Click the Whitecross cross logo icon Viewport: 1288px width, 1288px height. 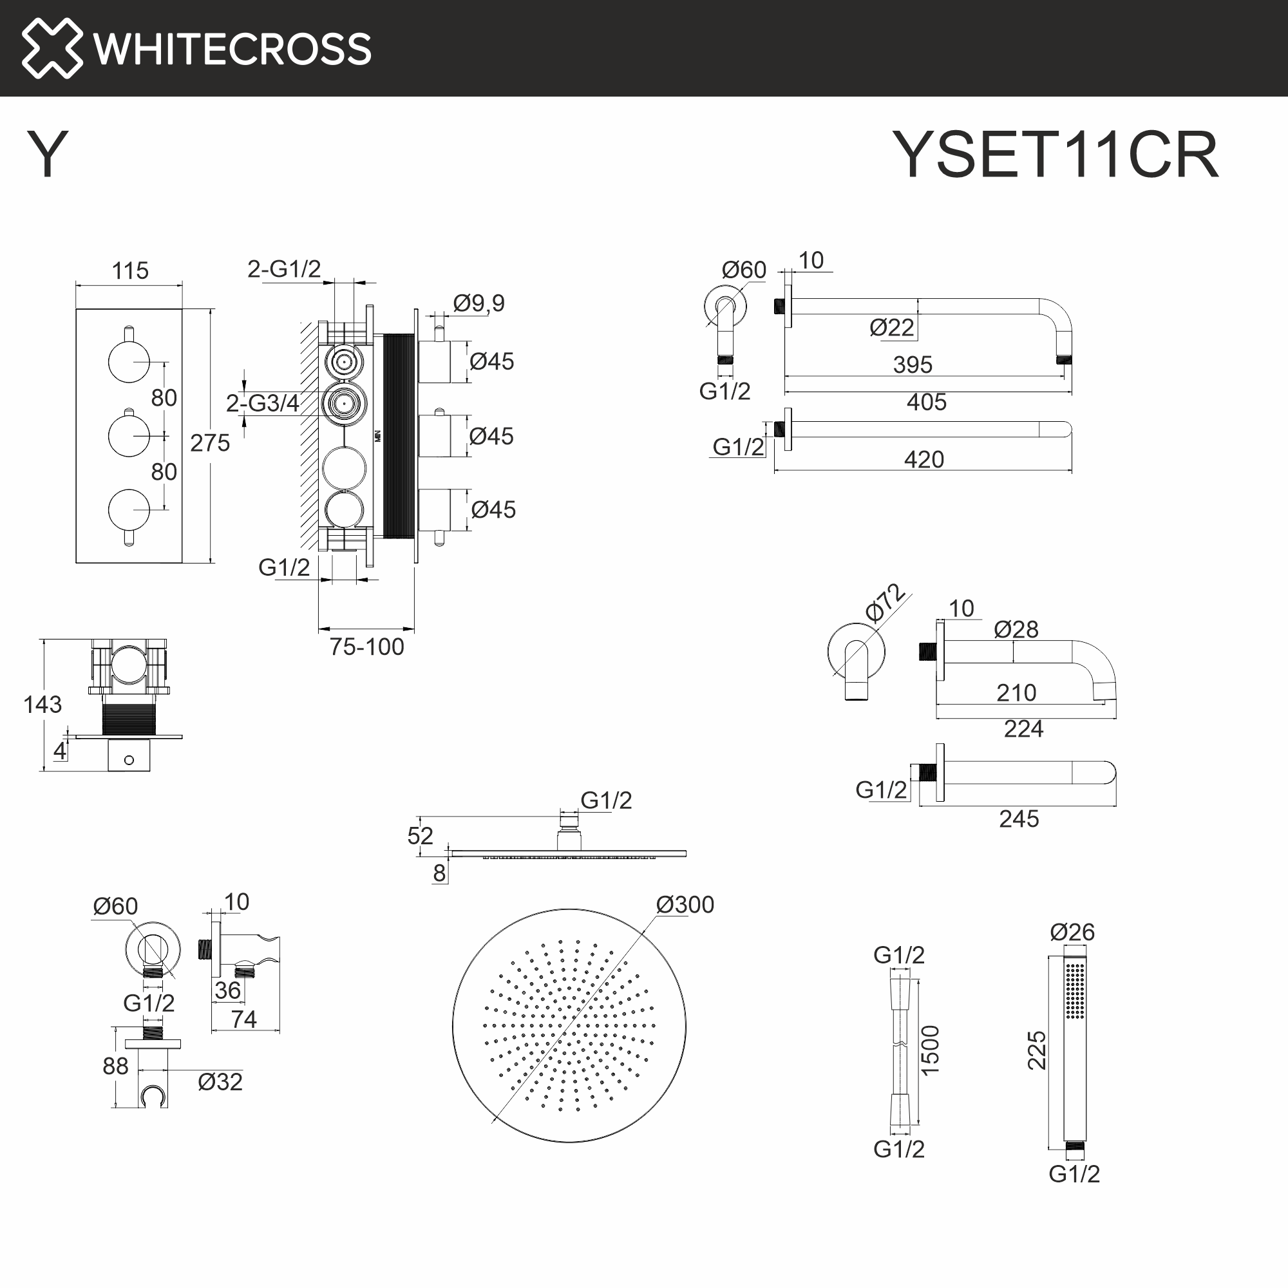click(x=52, y=48)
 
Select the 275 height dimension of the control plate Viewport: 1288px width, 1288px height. click(x=209, y=442)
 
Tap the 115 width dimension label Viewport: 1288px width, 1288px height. click(x=130, y=270)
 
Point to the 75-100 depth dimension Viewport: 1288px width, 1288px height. click(x=366, y=647)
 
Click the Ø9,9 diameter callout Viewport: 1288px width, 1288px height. click(x=478, y=303)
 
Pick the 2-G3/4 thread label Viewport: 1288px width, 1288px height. click(x=262, y=403)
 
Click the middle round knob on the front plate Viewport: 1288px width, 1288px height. click(x=129, y=435)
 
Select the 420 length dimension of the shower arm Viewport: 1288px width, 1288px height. click(x=923, y=459)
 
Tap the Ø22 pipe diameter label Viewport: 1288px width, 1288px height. click(x=891, y=327)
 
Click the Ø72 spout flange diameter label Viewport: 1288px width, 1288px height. click(x=885, y=603)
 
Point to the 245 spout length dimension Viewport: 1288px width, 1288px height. click(x=1018, y=819)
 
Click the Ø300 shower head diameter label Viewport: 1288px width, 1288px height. click(x=685, y=905)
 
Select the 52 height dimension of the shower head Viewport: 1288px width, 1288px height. click(x=420, y=836)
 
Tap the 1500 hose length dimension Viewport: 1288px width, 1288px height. click(x=930, y=1050)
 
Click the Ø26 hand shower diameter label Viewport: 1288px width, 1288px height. click(x=1072, y=932)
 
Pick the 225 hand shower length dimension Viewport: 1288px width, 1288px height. click(x=1037, y=1050)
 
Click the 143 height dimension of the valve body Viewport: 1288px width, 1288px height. click(x=43, y=705)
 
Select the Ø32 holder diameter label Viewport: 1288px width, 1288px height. click(x=220, y=1082)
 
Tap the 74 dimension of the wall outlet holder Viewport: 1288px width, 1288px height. click(x=243, y=1019)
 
